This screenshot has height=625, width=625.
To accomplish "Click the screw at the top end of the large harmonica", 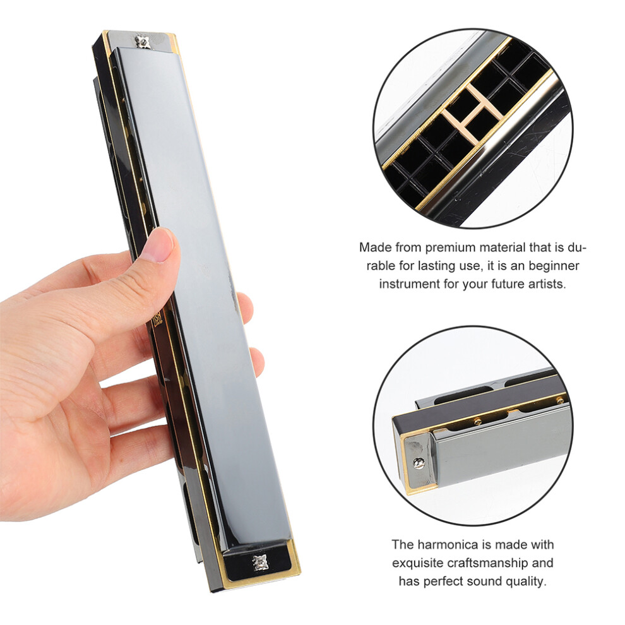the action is (x=142, y=40).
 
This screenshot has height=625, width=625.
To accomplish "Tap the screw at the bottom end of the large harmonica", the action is (x=260, y=562).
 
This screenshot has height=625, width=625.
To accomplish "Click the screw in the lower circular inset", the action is (x=418, y=462).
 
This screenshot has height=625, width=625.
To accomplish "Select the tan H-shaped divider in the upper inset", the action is (x=473, y=114).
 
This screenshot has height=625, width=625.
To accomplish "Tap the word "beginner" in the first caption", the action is (x=554, y=265).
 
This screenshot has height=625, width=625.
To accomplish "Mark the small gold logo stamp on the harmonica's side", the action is (x=158, y=319).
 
